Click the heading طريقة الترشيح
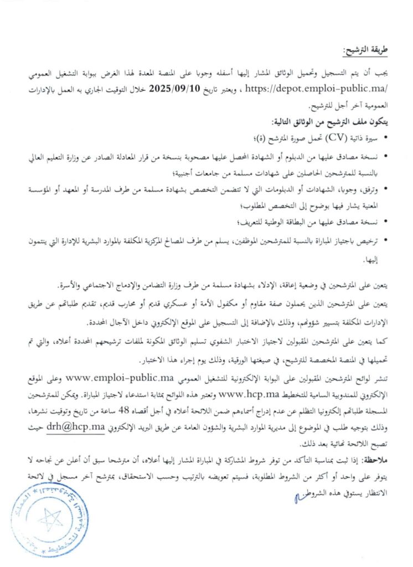click(x=365, y=51)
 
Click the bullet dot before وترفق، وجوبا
click(x=385, y=190)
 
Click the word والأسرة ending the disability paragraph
click(x=73, y=286)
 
